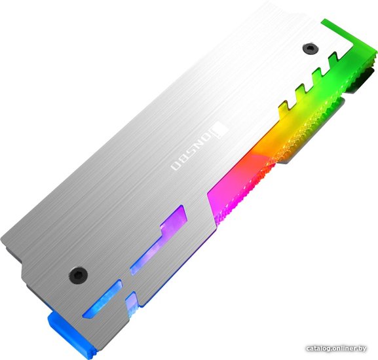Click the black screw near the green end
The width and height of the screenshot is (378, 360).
pyautogui.click(x=311, y=48)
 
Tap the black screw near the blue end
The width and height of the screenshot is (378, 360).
pyautogui.click(x=78, y=275)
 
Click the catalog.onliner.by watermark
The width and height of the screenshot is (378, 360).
pyautogui.click(x=336, y=348)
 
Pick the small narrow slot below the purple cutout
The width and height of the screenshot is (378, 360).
pyautogui.click(x=132, y=304)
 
